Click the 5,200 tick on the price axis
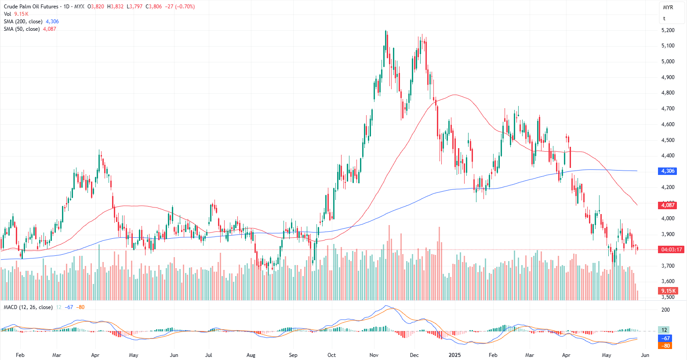point(668,30)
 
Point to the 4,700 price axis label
point(668,109)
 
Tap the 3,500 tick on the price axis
point(668,297)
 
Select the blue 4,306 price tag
point(667,171)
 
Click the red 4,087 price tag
point(667,205)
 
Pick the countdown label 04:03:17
point(672,250)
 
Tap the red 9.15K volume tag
point(668,291)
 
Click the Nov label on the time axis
point(374,355)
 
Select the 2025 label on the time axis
point(454,355)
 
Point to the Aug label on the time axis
point(251,355)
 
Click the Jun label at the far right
point(645,355)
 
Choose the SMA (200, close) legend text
point(23,22)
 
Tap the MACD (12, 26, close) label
point(28,307)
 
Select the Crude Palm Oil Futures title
point(31,7)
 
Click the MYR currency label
point(668,7)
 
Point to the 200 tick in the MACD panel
point(665,310)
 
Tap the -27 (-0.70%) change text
point(180,7)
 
